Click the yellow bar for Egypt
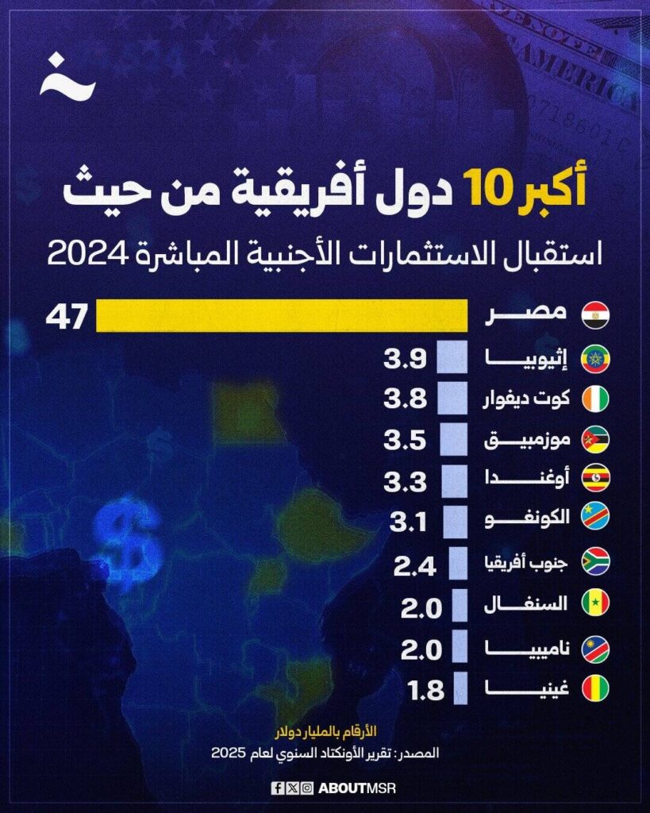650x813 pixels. [282, 315]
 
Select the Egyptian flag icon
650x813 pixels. [595, 315]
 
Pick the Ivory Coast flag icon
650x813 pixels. [595, 399]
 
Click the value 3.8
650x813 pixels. [405, 399]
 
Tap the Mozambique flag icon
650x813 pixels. [595, 440]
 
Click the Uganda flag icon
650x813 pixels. [595, 481]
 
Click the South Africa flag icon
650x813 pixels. [595, 564]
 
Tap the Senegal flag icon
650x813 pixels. [595, 606]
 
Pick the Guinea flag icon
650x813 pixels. [595, 689]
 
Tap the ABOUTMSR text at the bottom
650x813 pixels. [356, 788]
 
